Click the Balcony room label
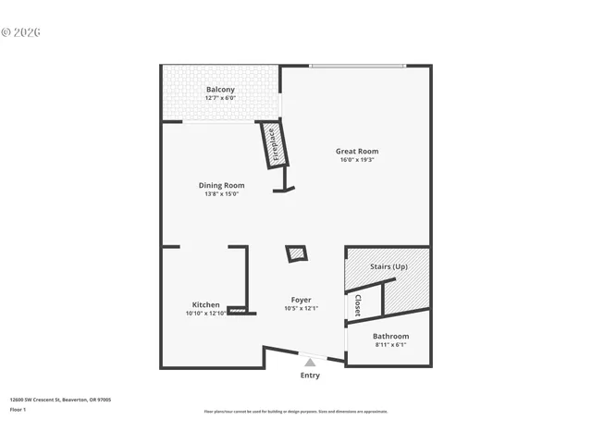[220, 90]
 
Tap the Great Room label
[357, 152]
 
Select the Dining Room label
[222, 185]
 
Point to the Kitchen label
[205, 304]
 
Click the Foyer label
[301, 300]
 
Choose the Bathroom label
[390, 336]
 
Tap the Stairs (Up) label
[388, 266]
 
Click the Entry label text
[310, 375]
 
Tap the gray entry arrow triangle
[310, 363]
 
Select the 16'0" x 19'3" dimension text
[357, 160]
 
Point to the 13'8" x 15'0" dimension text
[222, 193]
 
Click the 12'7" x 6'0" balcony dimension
[220, 98]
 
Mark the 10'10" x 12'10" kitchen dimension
[205, 313]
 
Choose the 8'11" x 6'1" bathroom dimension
[390, 344]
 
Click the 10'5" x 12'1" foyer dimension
[301, 308]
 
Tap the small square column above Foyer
[297, 253]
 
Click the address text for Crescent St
[60, 401]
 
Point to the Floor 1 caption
[18, 409]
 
